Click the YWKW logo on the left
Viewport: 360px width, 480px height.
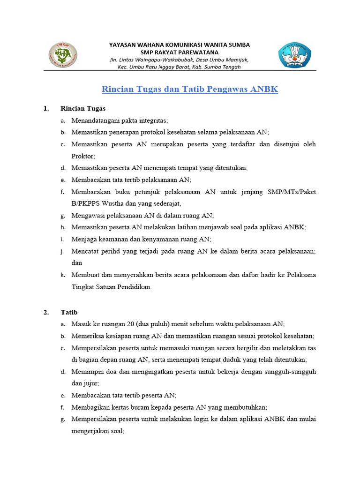[63, 55]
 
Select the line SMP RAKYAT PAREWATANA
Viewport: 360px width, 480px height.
[180, 52]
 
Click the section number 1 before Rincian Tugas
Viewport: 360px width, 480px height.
[46, 108]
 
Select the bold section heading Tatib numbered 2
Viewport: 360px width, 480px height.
[69, 312]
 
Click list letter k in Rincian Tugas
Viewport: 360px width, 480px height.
[62, 275]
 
